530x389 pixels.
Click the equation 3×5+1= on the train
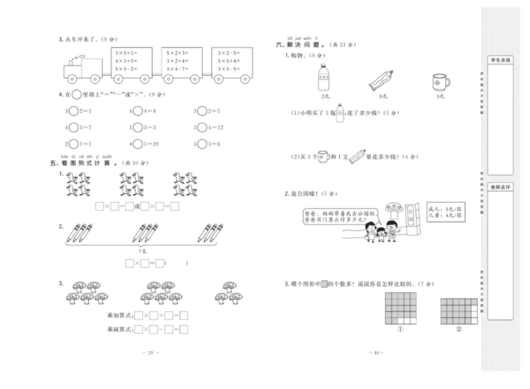125,52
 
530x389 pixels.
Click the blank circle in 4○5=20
138,142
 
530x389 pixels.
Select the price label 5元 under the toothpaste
382,96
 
